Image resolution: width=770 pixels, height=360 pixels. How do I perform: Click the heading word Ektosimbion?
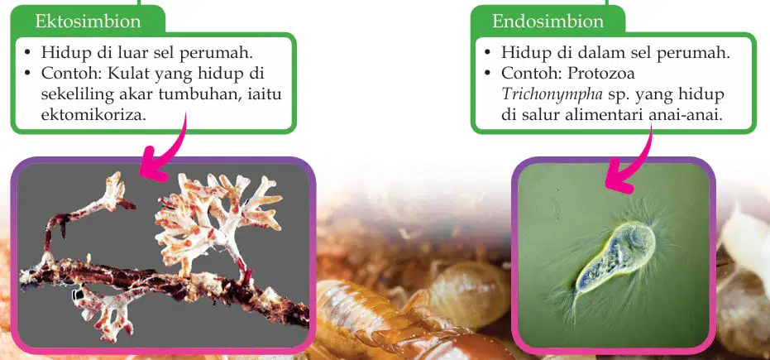pos(88,22)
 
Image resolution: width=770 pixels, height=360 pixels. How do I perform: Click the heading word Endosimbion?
pos(548,22)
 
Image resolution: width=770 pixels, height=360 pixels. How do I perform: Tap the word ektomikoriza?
pos(93,114)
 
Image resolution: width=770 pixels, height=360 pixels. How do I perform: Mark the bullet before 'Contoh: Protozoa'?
pos(488,74)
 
